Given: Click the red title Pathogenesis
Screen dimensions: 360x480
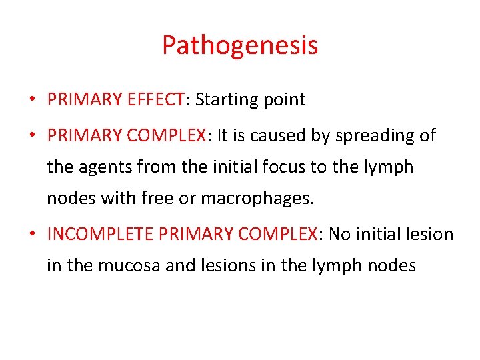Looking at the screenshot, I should [x=239, y=46].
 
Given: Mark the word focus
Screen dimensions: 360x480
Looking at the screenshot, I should [x=281, y=166].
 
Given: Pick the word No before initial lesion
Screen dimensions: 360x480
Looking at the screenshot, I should [x=340, y=234].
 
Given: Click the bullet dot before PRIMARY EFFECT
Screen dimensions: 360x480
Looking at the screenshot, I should [x=31, y=101].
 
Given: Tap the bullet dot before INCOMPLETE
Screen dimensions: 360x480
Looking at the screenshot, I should [x=31, y=235].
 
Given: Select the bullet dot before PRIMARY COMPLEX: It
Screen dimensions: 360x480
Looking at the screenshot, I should [x=31, y=136].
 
